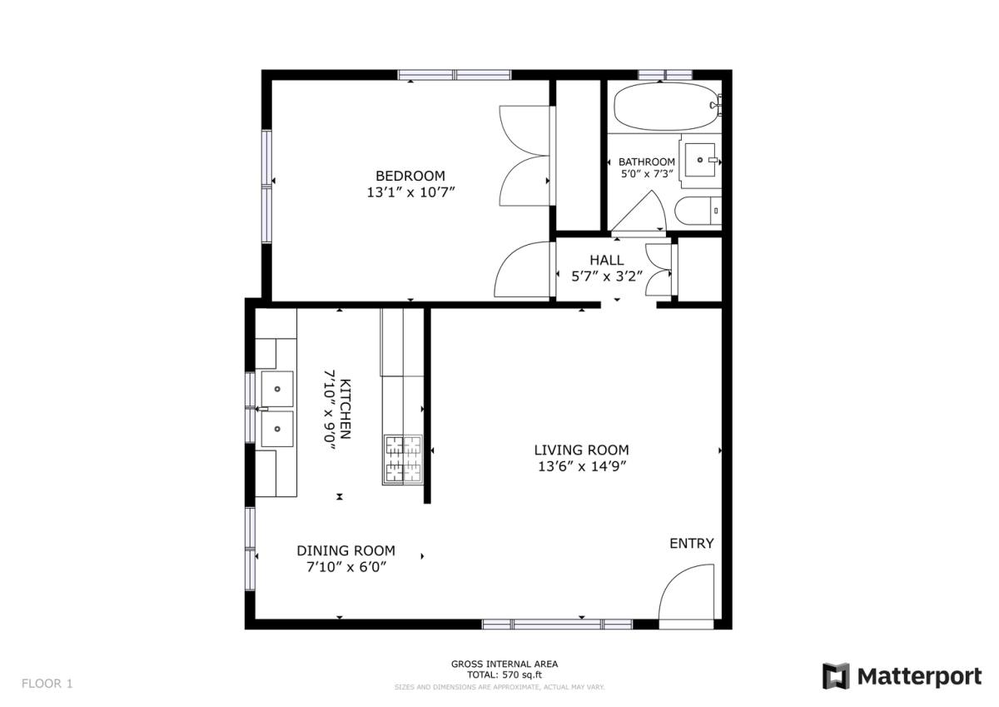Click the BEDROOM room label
coord(410,176)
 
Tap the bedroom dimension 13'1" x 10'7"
coord(410,192)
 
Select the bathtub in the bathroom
coord(667,107)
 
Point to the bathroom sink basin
coord(700,160)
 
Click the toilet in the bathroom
coord(698,211)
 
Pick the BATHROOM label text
coord(647,162)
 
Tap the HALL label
coord(607,260)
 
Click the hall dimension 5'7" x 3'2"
coord(607,276)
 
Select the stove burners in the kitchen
coord(403,460)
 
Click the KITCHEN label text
coord(345,409)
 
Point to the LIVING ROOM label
coord(582,450)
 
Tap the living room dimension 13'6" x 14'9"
coord(582,466)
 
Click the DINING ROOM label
coord(346,550)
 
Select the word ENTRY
coord(692,543)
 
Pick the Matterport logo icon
coord(835,676)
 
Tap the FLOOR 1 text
coord(47,684)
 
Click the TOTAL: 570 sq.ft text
coord(504,675)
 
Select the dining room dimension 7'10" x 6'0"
coord(346,567)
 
